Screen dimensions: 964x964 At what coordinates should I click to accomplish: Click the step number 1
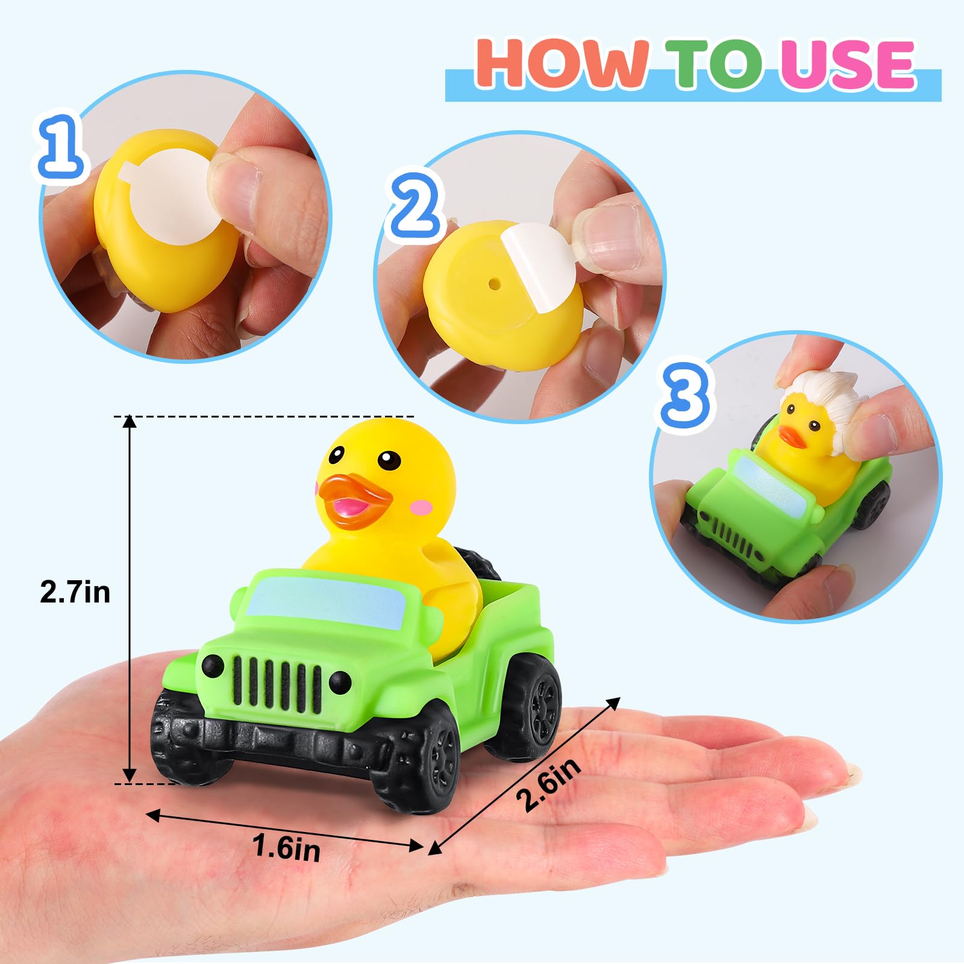(60, 145)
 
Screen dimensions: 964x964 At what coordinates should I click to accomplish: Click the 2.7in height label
(75, 592)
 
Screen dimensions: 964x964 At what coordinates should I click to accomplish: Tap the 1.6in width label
(286, 847)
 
